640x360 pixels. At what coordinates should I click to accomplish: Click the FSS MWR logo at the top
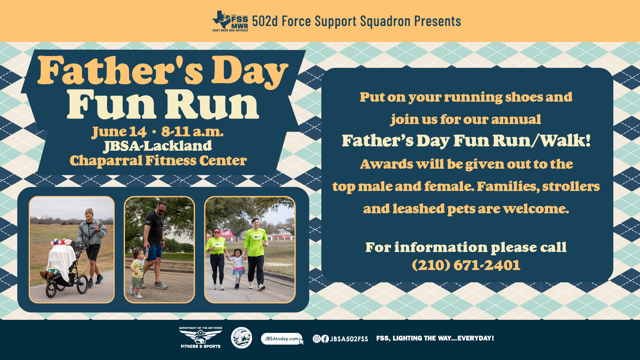[x=230, y=21]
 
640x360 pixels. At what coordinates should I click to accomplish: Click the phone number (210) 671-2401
[x=466, y=265]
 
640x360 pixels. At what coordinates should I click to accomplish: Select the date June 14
[x=119, y=132]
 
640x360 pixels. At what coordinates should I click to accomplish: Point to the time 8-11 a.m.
[x=192, y=132]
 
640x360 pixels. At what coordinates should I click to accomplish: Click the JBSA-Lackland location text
[x=158, y=146]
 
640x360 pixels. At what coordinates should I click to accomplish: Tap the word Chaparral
[x=106, y=161]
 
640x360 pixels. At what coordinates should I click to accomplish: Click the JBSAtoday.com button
[x=282, y=339]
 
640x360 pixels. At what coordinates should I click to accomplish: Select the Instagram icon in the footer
[x=317, y=339]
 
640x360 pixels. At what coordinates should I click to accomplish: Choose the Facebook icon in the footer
[x=325, y=339]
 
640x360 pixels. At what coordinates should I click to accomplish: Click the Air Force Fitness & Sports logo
[x=201, y=338]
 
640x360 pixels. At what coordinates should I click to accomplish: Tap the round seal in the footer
[x=241, y=338]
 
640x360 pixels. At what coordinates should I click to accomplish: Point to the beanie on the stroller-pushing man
[x=89, y=212]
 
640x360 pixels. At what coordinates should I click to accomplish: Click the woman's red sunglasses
[x=217, y=232]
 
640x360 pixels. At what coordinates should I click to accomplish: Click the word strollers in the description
[x=571, y=186]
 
